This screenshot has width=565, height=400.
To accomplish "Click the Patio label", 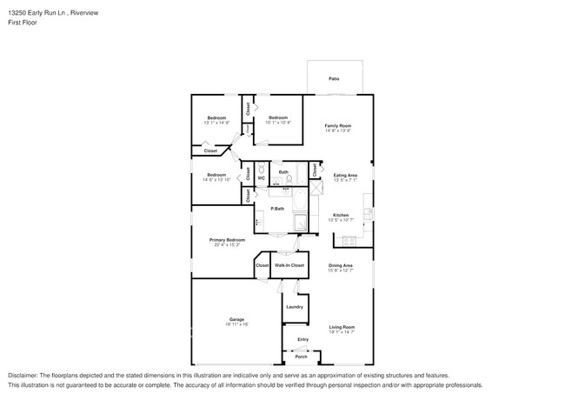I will [334, 79].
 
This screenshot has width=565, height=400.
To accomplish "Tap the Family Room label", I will [338, 126].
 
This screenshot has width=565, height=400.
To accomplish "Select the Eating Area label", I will [346, 176].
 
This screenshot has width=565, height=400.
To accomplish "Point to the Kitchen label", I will [341, 215].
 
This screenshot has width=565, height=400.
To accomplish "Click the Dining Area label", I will [340, 265].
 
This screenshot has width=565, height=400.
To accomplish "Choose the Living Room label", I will [342, 327].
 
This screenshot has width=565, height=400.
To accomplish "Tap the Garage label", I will [236, 320].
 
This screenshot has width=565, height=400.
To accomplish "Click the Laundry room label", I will [294, 306].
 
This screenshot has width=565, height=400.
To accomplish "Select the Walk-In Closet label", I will [289, 265].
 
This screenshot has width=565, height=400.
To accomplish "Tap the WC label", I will [261, 178].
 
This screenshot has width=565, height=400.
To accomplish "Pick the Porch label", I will [301, 357].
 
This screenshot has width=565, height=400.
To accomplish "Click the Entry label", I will [302, 339].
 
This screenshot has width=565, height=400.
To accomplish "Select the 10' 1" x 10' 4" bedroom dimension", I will [278, 123].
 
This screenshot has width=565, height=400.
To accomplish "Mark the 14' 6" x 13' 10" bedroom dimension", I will [216, 180].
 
